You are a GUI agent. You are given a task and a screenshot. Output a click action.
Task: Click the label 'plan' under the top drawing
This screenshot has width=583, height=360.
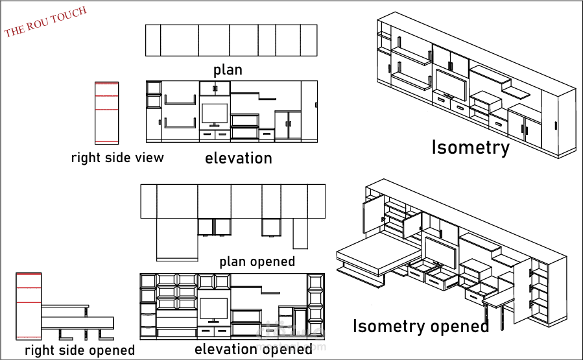click(228, 69)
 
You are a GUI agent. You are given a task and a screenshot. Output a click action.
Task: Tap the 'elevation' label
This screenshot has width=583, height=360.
click(238, 158)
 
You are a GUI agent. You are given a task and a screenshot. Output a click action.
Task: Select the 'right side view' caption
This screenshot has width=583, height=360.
click(117, 158)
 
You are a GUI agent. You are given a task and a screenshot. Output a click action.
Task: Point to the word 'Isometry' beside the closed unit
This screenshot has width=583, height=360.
click(470, 148)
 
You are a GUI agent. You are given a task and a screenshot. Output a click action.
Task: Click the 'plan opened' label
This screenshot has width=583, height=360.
click(257, 261)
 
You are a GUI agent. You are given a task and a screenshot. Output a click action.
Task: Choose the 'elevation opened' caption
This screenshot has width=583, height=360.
click(253, 349)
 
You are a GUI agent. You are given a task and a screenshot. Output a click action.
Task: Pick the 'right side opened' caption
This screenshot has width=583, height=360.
click(80, 350)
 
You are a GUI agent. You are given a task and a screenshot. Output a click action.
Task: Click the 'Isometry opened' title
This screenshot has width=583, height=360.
click(420, 326)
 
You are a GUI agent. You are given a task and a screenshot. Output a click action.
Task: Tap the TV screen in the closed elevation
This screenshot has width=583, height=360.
click(215, 113)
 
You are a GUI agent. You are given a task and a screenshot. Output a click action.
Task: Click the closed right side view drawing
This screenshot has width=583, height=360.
click(107, 112)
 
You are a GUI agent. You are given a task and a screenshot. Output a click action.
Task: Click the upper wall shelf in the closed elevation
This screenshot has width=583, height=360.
click(180, 100)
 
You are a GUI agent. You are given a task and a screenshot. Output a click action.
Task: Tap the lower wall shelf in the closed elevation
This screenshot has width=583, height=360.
click(180, 124)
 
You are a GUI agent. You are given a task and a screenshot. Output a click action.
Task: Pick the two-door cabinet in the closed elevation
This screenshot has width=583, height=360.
click(288, 126)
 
